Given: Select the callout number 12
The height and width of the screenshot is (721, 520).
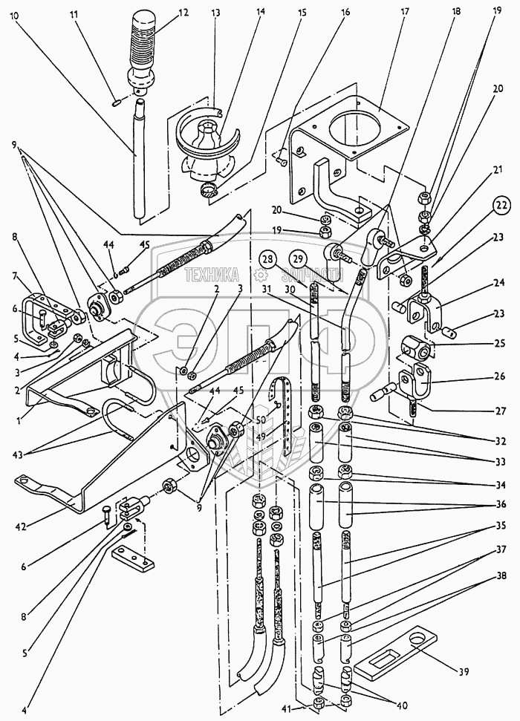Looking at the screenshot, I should coord(183,12).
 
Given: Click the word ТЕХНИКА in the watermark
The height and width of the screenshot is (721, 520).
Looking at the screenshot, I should coord(220,273).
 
